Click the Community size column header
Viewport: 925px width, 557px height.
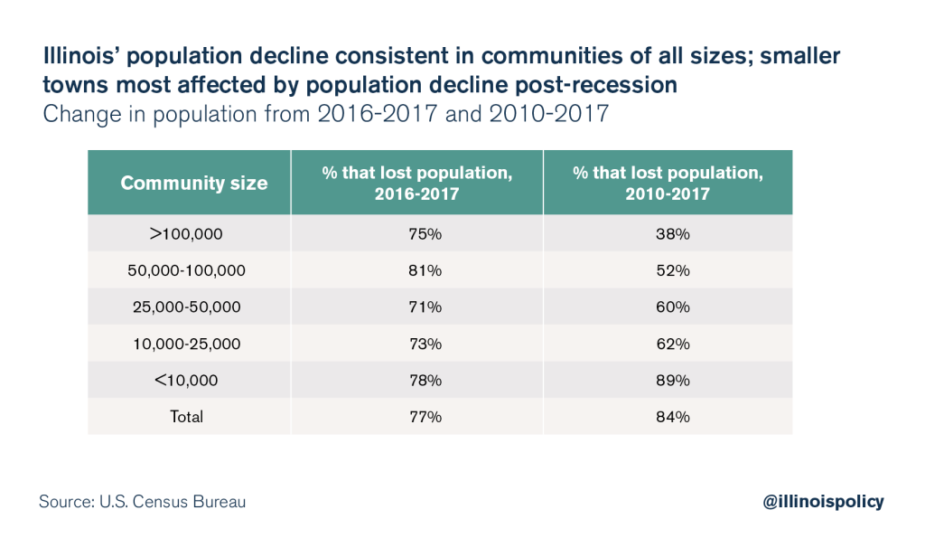point(193,183)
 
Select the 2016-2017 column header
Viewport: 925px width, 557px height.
point(416,183)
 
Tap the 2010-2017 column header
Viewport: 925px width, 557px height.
point(668,183)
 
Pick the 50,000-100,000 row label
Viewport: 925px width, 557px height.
point(188,270)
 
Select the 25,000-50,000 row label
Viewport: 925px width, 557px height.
point(188,307)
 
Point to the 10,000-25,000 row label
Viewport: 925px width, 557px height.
point(188,344)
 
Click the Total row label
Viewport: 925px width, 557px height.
point(188,417)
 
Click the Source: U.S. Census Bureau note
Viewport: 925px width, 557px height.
point(142,501)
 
